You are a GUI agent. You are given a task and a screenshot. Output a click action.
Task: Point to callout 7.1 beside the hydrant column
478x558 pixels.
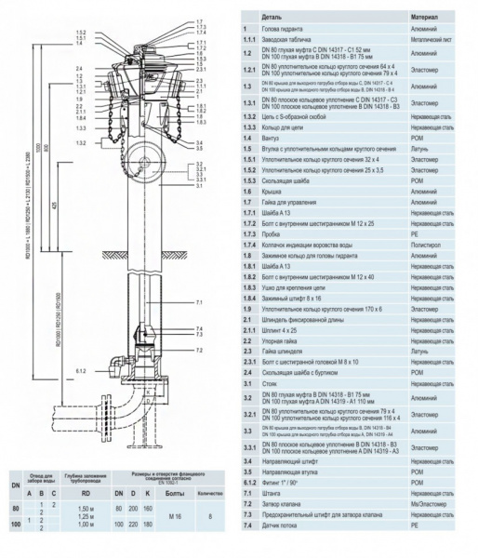pyautogui.click(x=200, y=302)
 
